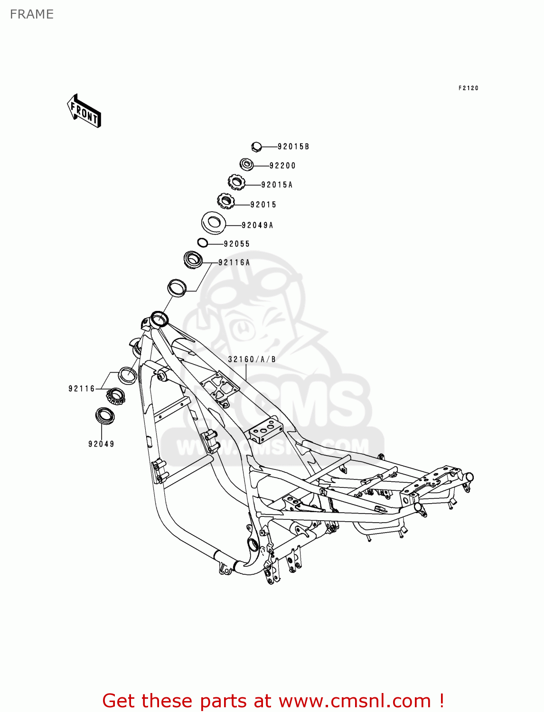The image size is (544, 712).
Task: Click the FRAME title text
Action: point(32,14)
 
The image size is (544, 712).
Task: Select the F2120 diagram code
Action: point(468,88)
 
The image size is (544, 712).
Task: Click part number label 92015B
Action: point(293,147)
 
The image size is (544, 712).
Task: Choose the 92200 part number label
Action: point(282,166)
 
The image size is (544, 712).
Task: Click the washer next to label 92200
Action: point(246,165)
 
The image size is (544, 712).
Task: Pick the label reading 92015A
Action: point(277,185)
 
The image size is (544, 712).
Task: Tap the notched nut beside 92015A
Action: point(236,182)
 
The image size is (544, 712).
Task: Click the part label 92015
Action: point(263,205)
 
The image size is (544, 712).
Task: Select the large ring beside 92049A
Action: point(214,222)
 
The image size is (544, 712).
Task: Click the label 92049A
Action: point(257,225)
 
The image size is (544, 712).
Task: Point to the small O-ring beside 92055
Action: point(202,243)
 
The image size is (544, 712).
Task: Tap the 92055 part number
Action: point(236,244)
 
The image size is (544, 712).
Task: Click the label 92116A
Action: point(234,262)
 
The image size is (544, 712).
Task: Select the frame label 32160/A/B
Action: point(252,359)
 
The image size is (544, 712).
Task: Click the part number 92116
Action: point(82,389)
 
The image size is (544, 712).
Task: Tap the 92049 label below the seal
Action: point(101,444)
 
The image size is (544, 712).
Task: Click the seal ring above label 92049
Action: point(104,415)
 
